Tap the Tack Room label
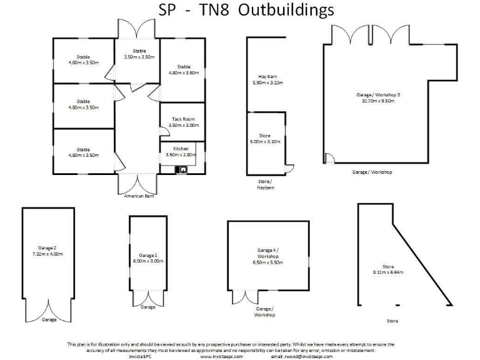(183, 119)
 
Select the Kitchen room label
(181, 149)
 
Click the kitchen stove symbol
(184, 169)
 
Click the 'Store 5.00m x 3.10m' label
(265, 139)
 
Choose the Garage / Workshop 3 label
(377, 94)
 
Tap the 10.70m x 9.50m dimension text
(377, 101)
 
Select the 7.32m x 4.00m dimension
(48, 254)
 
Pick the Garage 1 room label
(147, 255)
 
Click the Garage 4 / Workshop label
(267, 253)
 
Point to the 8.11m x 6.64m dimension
(388, 272)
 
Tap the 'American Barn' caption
(139, 196)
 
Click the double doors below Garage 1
(147, 298)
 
